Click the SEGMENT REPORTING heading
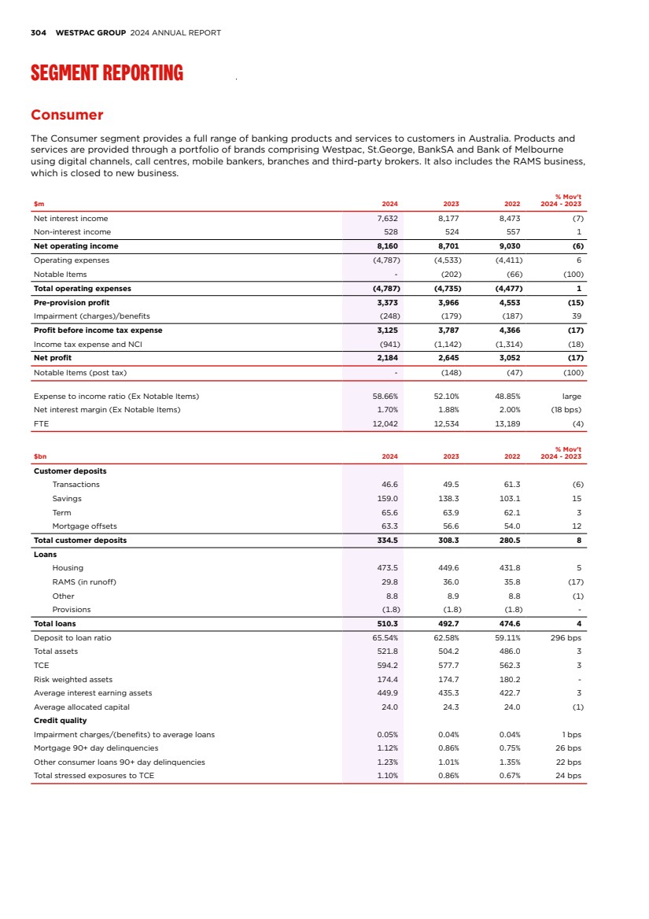click(107, 73)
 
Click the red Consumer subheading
click(67, 115)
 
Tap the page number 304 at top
click(38, 33)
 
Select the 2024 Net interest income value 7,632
click(385, 218)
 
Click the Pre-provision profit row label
click(72, 302)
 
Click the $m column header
click(39, 204)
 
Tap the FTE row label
click(41, 423)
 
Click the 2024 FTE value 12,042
click(384, 423)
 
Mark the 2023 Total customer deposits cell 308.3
click(448, 541)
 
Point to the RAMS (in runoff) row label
click(84, 581)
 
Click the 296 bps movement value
click(566, 637)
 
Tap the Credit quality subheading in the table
click(60, 721)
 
